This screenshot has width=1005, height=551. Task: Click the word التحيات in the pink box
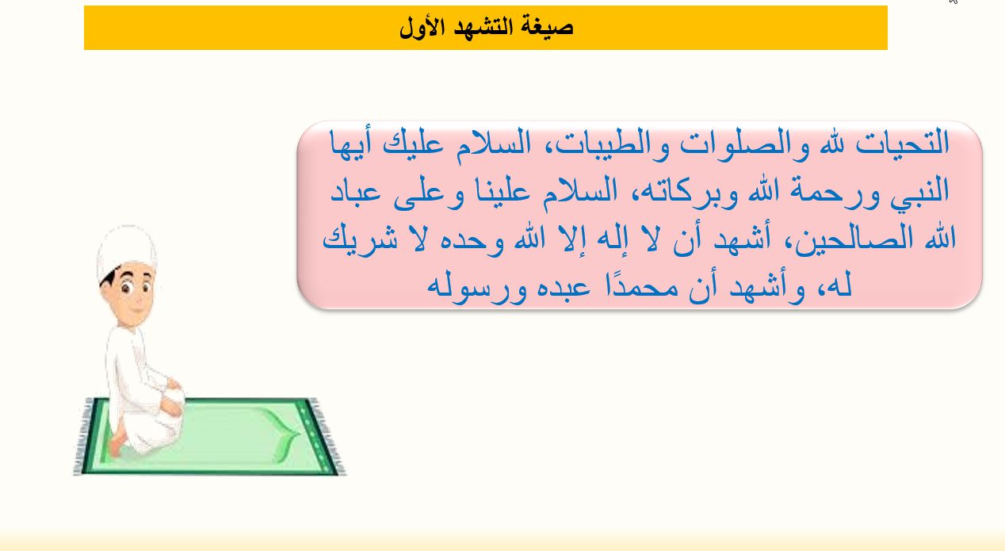[902, 143]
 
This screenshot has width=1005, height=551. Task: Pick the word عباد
[355, 192]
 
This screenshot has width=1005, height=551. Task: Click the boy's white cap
[126, 251]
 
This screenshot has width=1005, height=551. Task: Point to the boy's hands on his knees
[172, 395]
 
